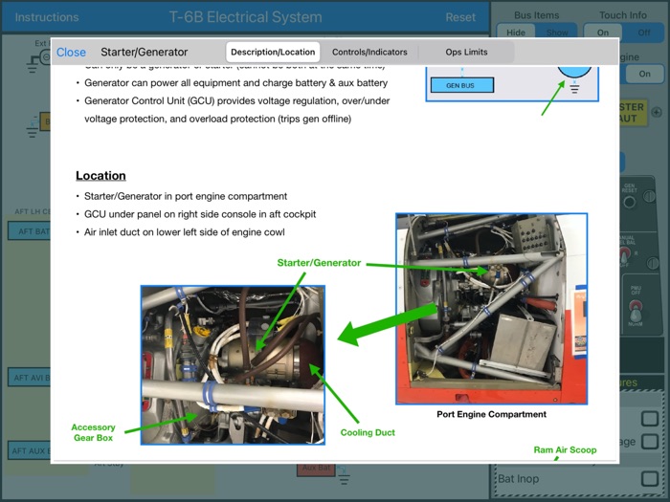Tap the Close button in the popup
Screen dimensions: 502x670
click(71, 53)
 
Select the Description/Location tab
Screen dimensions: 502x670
click(273, 52)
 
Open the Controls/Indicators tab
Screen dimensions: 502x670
click(369, 52)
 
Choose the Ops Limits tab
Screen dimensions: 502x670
click(466, 52)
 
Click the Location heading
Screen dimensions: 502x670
click(100, 176)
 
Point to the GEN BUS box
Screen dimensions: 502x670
click(461, 85)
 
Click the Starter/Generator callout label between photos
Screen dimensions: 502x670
click(319, 262)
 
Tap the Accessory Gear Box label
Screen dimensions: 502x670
click(93, 433)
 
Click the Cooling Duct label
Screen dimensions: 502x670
click(368, 432)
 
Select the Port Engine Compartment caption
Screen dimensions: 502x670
click(491, 414)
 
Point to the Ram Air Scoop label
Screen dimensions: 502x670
click(565, 449)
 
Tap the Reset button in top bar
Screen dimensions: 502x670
click(460, 17)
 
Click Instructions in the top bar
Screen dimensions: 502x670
click(47, 17)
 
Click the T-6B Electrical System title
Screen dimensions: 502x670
click(245, 17)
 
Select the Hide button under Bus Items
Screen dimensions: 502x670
click(516, 33)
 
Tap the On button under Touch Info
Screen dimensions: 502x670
click(603, 33)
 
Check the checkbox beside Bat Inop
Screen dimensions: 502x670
click(650, 478)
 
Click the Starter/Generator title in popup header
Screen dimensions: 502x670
click(144, 53)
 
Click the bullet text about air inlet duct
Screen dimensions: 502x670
click(185, 232)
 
